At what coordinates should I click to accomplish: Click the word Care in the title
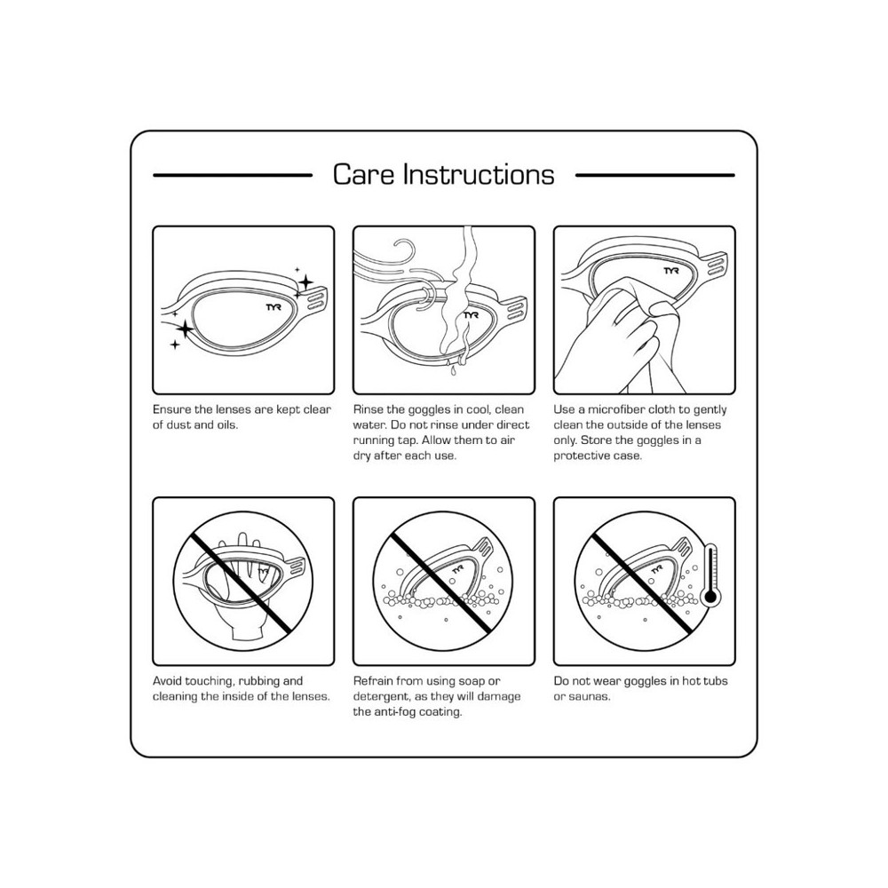pos(363,174)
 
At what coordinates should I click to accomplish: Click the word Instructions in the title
pos(479,174)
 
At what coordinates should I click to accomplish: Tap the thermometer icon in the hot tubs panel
pos(710,577)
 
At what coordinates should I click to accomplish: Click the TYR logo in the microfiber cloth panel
pos(671,271)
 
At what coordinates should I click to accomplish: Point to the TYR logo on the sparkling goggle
pos(274,307)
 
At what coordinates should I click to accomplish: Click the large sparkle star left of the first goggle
pos(185,329)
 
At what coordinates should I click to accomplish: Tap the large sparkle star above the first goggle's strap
pos(305,281)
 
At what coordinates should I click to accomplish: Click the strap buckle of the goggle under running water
pos(516,310)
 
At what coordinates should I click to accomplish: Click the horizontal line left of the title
pos(233,176)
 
